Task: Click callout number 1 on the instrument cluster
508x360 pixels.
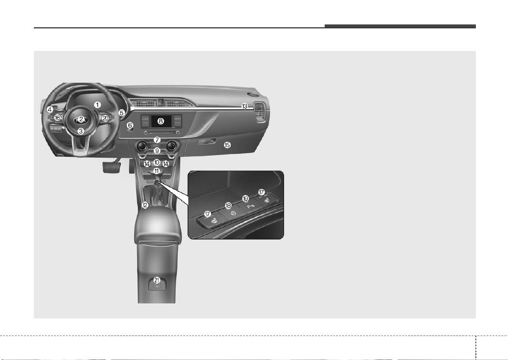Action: tap(97, 105)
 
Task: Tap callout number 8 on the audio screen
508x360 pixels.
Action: tap(160, 122)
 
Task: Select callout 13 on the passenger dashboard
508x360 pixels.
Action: tap(245, 106)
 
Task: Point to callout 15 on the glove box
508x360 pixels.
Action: tap(227, 145)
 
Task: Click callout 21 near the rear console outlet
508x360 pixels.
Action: tap(157, 280)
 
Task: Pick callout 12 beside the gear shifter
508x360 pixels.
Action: tap(145, 205)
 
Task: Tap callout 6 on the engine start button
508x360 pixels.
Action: tap(130, 125)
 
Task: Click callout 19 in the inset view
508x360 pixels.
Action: tap(245, 198)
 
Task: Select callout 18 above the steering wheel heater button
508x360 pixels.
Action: tap(228, 205)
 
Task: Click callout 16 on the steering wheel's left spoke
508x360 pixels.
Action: tap(57, 117)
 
